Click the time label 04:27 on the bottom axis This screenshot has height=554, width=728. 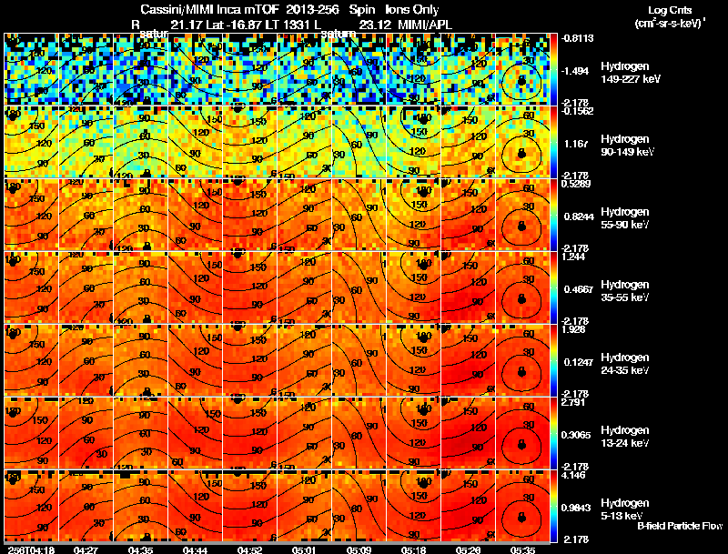click(86, 549)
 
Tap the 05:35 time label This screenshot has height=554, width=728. click(523, 549)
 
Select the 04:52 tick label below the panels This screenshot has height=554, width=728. click(249, 549)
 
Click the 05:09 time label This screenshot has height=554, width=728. click(359, 549)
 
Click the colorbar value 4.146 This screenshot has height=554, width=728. click(574, 476)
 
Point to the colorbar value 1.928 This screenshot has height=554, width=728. click(574, 330)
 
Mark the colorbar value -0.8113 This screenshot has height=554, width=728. click(576, 39)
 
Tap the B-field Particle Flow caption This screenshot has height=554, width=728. click(680, 526)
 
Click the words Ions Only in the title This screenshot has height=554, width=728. click(406, 9)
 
